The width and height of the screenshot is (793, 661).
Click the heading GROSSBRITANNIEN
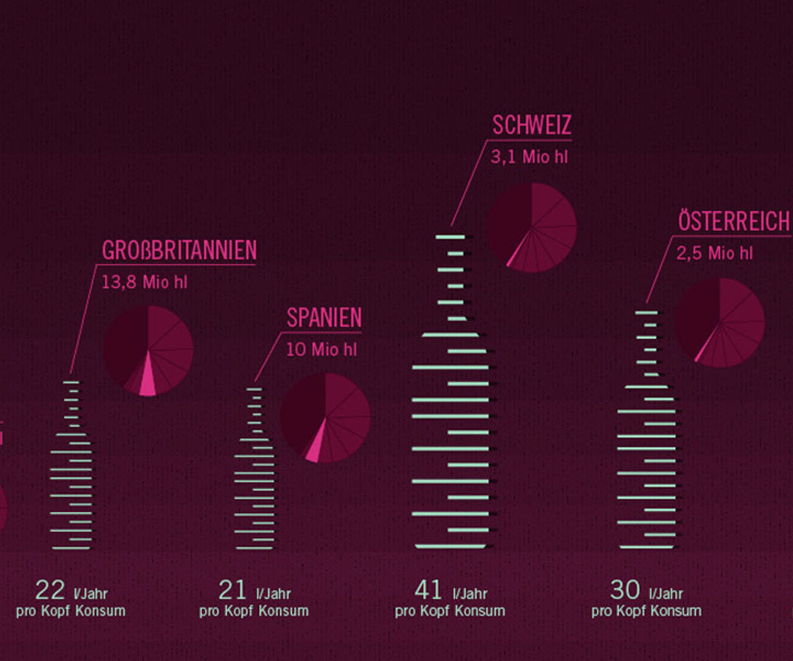(179, 250)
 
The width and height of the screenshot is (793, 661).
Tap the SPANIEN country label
(324, 318)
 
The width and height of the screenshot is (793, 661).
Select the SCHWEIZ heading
(532, 125)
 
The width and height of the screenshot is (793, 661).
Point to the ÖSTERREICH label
(733, 221)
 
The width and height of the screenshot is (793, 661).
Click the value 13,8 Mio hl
(144, 282)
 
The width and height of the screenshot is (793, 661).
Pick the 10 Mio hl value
(321, 349)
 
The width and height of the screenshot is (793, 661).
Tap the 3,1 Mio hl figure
(529, 157)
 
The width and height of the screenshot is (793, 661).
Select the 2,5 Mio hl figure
(714, 253)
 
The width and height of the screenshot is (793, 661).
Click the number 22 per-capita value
(50, 591)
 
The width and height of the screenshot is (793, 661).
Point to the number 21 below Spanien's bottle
(233, 591)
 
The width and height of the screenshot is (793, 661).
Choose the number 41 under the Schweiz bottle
(428, 591)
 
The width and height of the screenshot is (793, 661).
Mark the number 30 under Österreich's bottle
(625, 591)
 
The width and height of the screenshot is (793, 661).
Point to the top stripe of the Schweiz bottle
(450, 237)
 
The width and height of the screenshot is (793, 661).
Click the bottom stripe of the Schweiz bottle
(450, 546)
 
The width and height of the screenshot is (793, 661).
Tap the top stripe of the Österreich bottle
(646, 313)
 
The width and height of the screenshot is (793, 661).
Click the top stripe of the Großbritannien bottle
(71, 383)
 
